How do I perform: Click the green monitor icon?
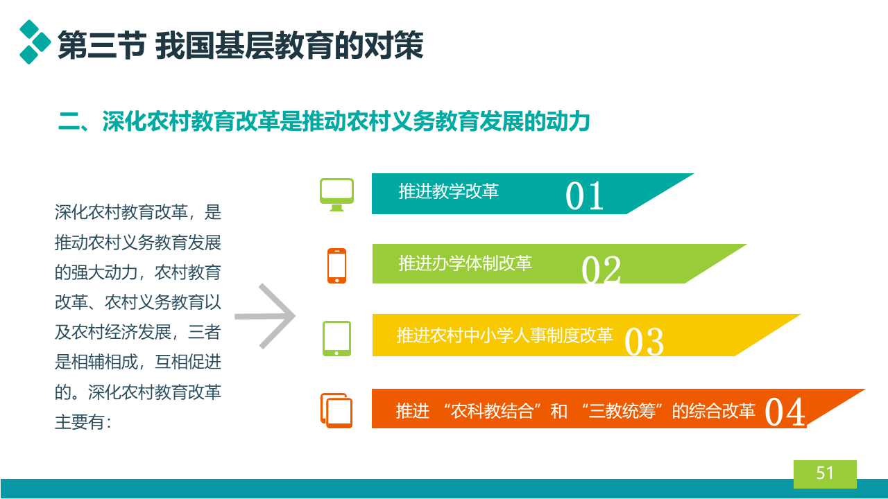[x=336, y=195]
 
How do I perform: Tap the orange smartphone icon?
[x=336, y=265]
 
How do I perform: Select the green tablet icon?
[x=336, y=339]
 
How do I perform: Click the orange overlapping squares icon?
[x=336, y=411]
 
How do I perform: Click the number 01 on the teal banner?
[x=584, y=195]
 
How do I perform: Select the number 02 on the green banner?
[x=601, y=270]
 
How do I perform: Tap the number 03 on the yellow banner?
[x=644, y=342]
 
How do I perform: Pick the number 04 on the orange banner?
[x=785, y=412]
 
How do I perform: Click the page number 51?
[x=825, y=473]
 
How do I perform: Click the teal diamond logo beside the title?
[x=35, y=42]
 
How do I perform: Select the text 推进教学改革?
[x=448, y=191]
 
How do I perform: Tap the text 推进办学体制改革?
[x=465, y=263]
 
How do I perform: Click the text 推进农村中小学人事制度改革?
[x=504, y=335]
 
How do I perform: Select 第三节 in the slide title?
[x=102, y=46]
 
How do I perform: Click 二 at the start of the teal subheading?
[x=69, y=121]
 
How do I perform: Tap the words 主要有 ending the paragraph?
[x=79, y=422]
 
